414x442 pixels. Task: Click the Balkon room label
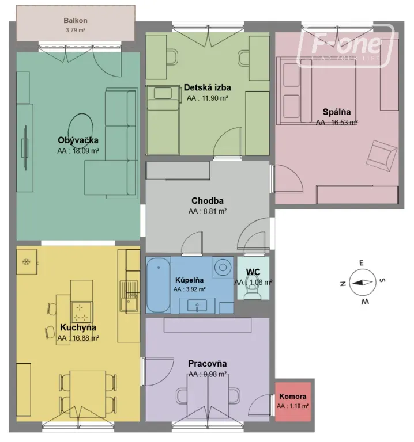tap(76, 21)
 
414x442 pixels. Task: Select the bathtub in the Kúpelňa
tap(159, 285)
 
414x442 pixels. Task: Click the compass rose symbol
tap(363, 283)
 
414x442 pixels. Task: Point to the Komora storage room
tap(293, 401)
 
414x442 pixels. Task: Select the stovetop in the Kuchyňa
tap(82, 312)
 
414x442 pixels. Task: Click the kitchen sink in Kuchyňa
tap(129, 296)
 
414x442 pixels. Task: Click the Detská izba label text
tap(207, 87)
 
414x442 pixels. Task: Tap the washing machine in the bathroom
tap(223, 267)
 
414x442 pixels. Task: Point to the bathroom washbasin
tap(197, 306)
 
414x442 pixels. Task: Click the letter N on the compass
tap(343, 284)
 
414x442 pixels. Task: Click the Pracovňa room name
tap(207, 364)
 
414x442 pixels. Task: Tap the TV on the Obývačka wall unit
tap(25, 148)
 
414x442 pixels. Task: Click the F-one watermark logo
tap(345, 46)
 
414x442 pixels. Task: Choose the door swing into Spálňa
tap(288, 179)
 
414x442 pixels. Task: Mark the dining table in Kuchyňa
tap(88, 394)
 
